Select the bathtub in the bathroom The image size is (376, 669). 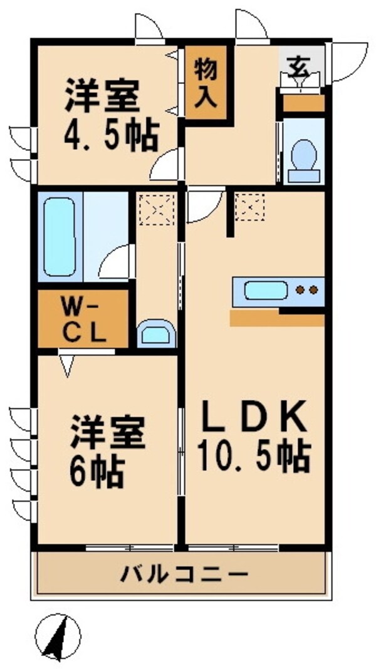pyautogui.click(x=60, y=236)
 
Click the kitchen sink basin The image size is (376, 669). pyautogui.click(x=266, y=291)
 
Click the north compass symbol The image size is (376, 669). pyautogui.click(x=58, y=636)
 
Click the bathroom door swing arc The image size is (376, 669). pyautogui.click(x=118, y=262)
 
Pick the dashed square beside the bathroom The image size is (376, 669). pyautogui.click(x=155, y=209)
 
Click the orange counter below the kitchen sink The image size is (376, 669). pyautogui.click(x=276, y=319)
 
